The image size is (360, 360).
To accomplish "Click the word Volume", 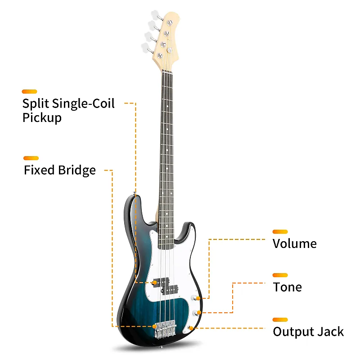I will point(295,244).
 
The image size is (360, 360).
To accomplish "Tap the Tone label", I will point(287,287).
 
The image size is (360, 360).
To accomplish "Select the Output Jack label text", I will point(308,332).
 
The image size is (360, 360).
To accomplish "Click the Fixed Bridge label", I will point(60,170).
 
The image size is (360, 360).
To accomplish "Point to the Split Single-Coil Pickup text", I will point(68,110).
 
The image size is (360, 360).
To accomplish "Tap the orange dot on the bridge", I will point(155,325).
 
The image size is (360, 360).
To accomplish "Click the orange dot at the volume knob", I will point(198,298).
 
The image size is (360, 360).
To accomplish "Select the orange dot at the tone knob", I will point(198,312).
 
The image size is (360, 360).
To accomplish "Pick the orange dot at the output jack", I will point(192,328).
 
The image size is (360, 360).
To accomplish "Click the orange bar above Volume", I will point(280,232).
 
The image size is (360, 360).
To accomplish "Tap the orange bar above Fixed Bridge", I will point(31,158).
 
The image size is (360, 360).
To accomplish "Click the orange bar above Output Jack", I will point(280,320).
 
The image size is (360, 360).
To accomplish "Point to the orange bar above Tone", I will point(280,275).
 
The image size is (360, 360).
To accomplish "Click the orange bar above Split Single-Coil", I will point(29,91).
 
